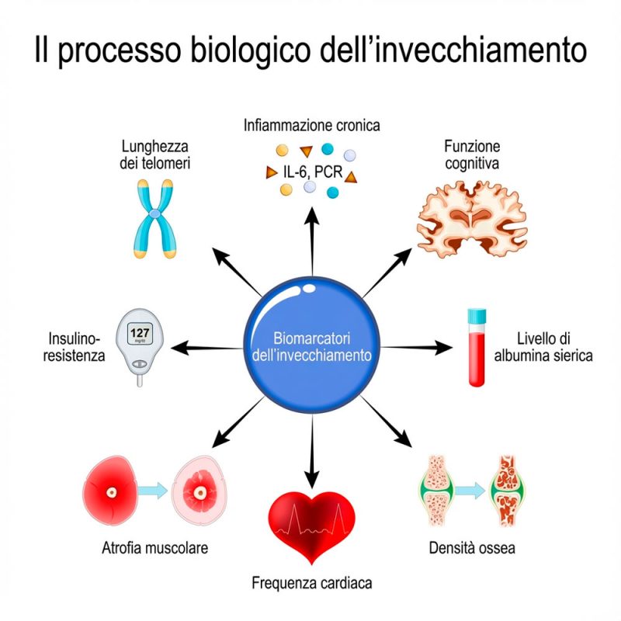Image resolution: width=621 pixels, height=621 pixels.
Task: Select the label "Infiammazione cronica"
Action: coord(311,124)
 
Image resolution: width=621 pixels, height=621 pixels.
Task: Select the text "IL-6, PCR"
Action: coord(312,172)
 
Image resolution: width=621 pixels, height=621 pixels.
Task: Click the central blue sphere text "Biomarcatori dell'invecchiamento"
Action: coord(311,347)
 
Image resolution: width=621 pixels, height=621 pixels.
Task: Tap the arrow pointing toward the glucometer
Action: coord(206,348)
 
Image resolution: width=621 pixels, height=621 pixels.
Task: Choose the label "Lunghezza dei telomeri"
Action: coord(156,154)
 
